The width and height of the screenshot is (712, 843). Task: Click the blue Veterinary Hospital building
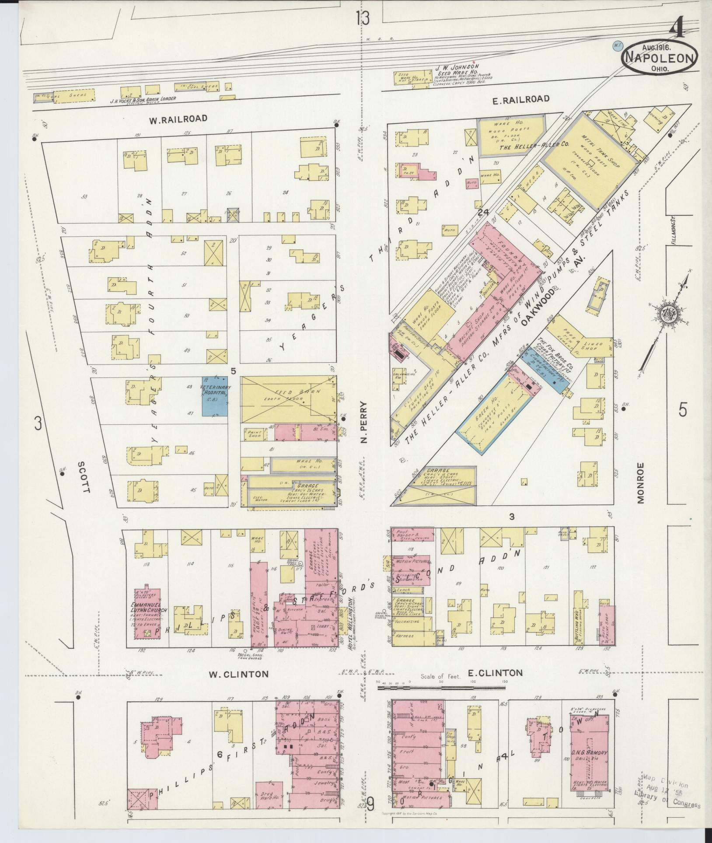[x=214, y=396]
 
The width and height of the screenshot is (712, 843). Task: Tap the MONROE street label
[x=641, y=483]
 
